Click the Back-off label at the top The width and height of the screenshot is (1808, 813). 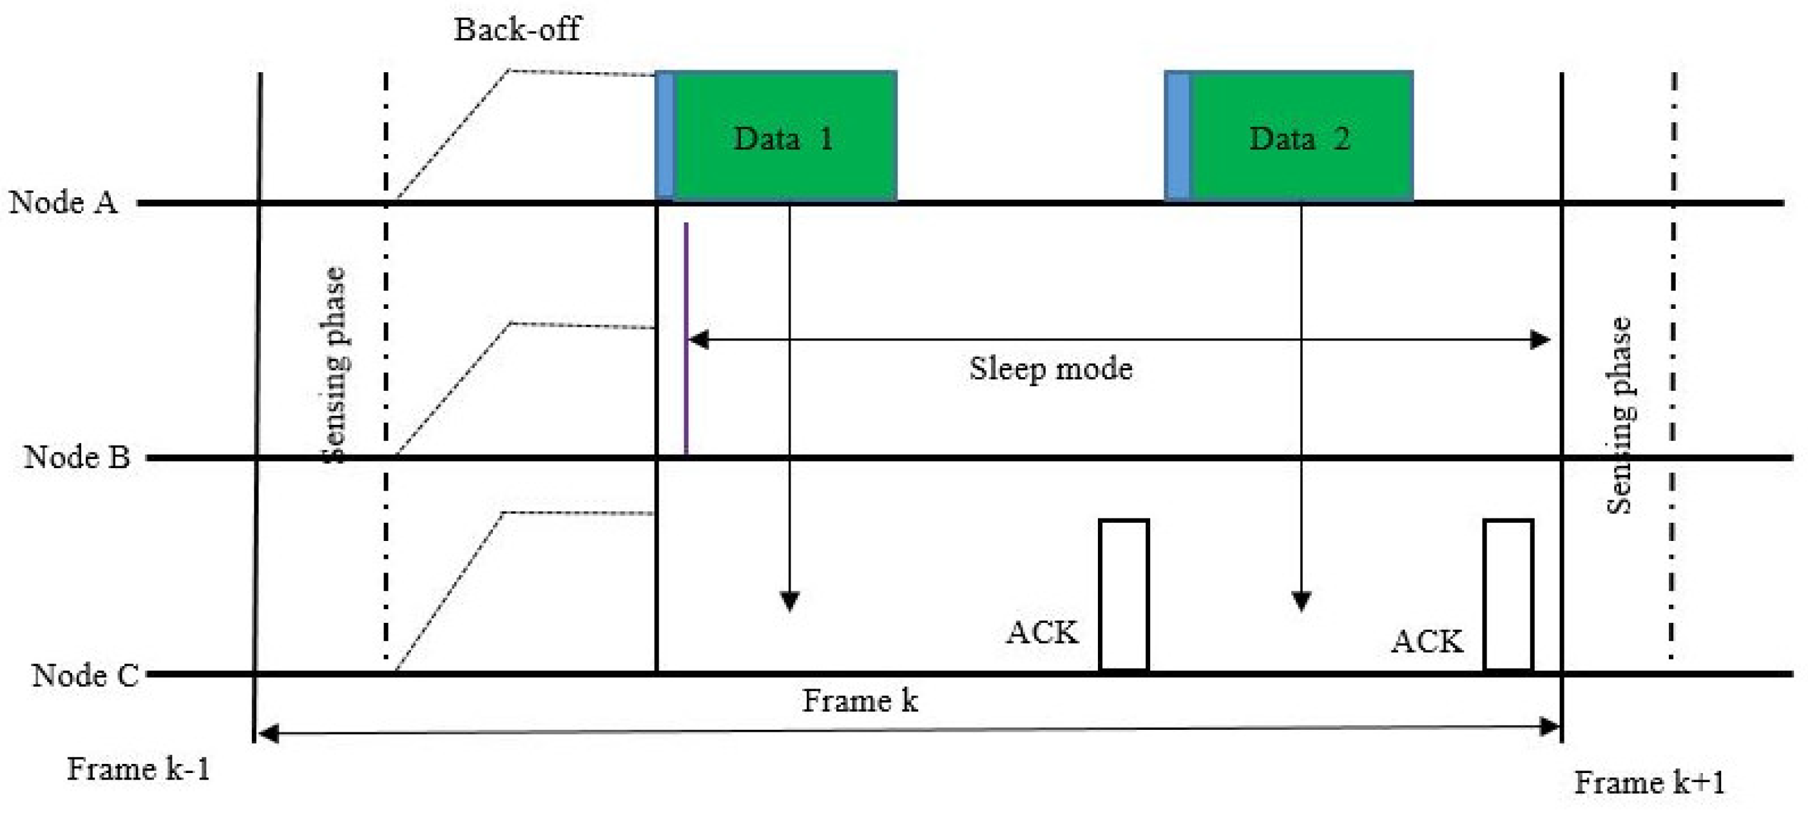point(517,30)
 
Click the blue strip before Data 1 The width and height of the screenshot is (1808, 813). point(664,135)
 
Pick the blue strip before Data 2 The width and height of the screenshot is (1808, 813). point(1178,135)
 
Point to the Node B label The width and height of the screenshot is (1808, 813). point(77,457)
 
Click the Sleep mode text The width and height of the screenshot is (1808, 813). point(1050,369)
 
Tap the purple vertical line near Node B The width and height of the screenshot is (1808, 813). point(686,337)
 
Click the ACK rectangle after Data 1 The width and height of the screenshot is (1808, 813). point(1123,594)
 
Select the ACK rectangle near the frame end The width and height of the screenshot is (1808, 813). point(1508,594)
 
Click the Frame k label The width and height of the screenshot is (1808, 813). point(859,701)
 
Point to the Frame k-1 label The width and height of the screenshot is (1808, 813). point(139,769)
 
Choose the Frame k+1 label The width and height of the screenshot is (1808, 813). point(1649,783)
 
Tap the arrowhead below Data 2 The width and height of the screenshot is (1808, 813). point(1302,601)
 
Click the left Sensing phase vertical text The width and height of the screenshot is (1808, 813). point(336,365)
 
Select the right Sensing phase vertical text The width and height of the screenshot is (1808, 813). point(1619,416)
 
